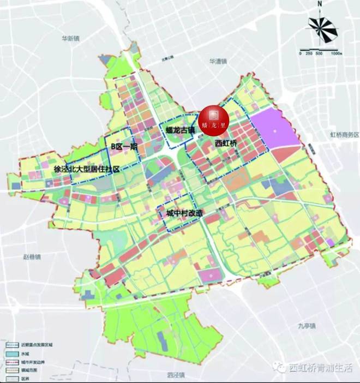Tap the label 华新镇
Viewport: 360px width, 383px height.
pos(71,39)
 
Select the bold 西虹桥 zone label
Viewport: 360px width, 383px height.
pos(226,144)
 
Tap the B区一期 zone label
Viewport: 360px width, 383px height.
pos(122,146)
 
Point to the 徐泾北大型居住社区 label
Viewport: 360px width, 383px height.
pos(87,170)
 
